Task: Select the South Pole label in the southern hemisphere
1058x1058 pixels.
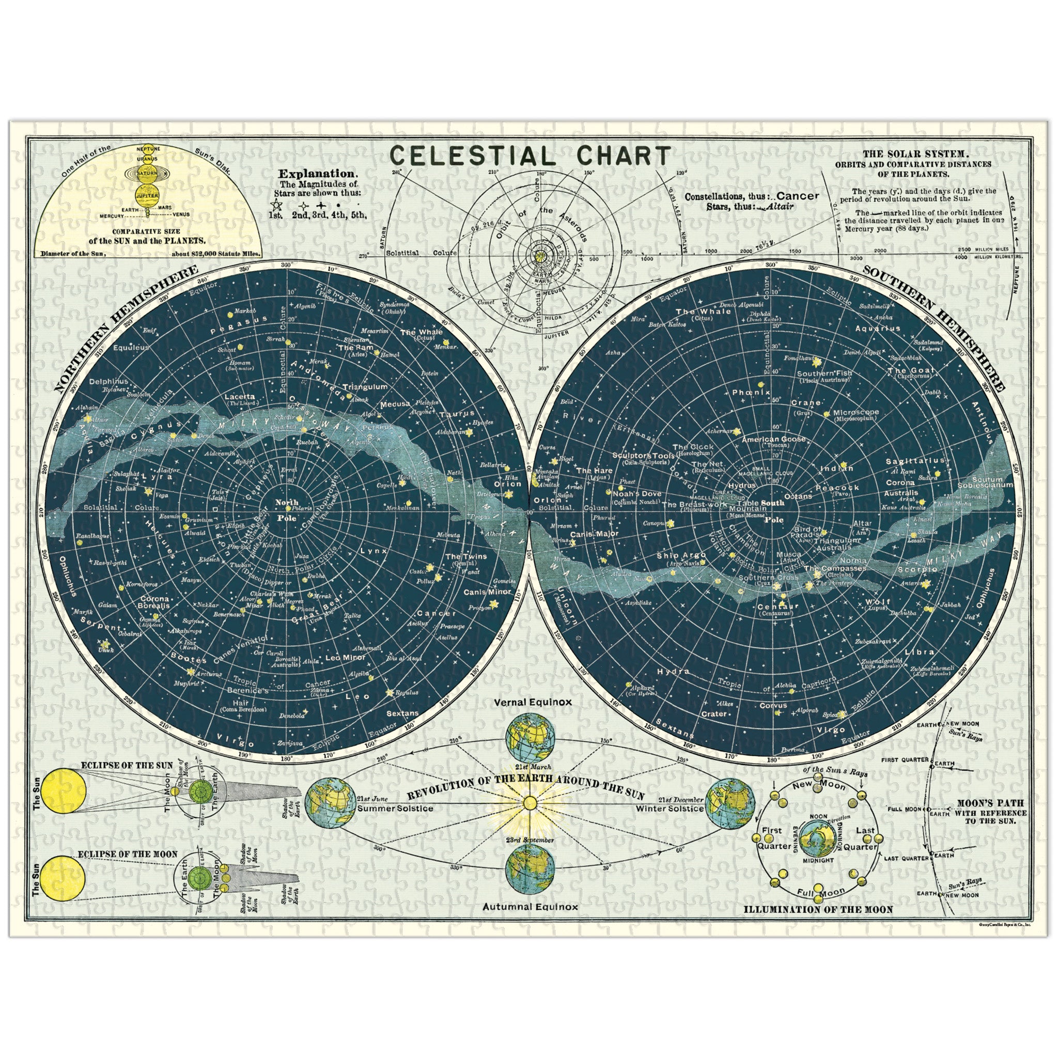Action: [x=773, y=511]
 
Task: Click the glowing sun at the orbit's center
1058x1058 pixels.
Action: [x=529, y=803]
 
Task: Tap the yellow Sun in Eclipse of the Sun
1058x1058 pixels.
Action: [x=64, y=790]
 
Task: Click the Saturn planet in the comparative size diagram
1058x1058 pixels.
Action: [x=147, y=173]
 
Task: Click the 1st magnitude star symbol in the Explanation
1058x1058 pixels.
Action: [x=276, y=204]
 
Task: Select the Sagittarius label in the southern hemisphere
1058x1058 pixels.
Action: [x=914, y=462]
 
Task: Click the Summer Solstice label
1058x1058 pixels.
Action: [x=395, y=809]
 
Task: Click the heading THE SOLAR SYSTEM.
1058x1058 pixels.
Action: [x=909, y=155]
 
